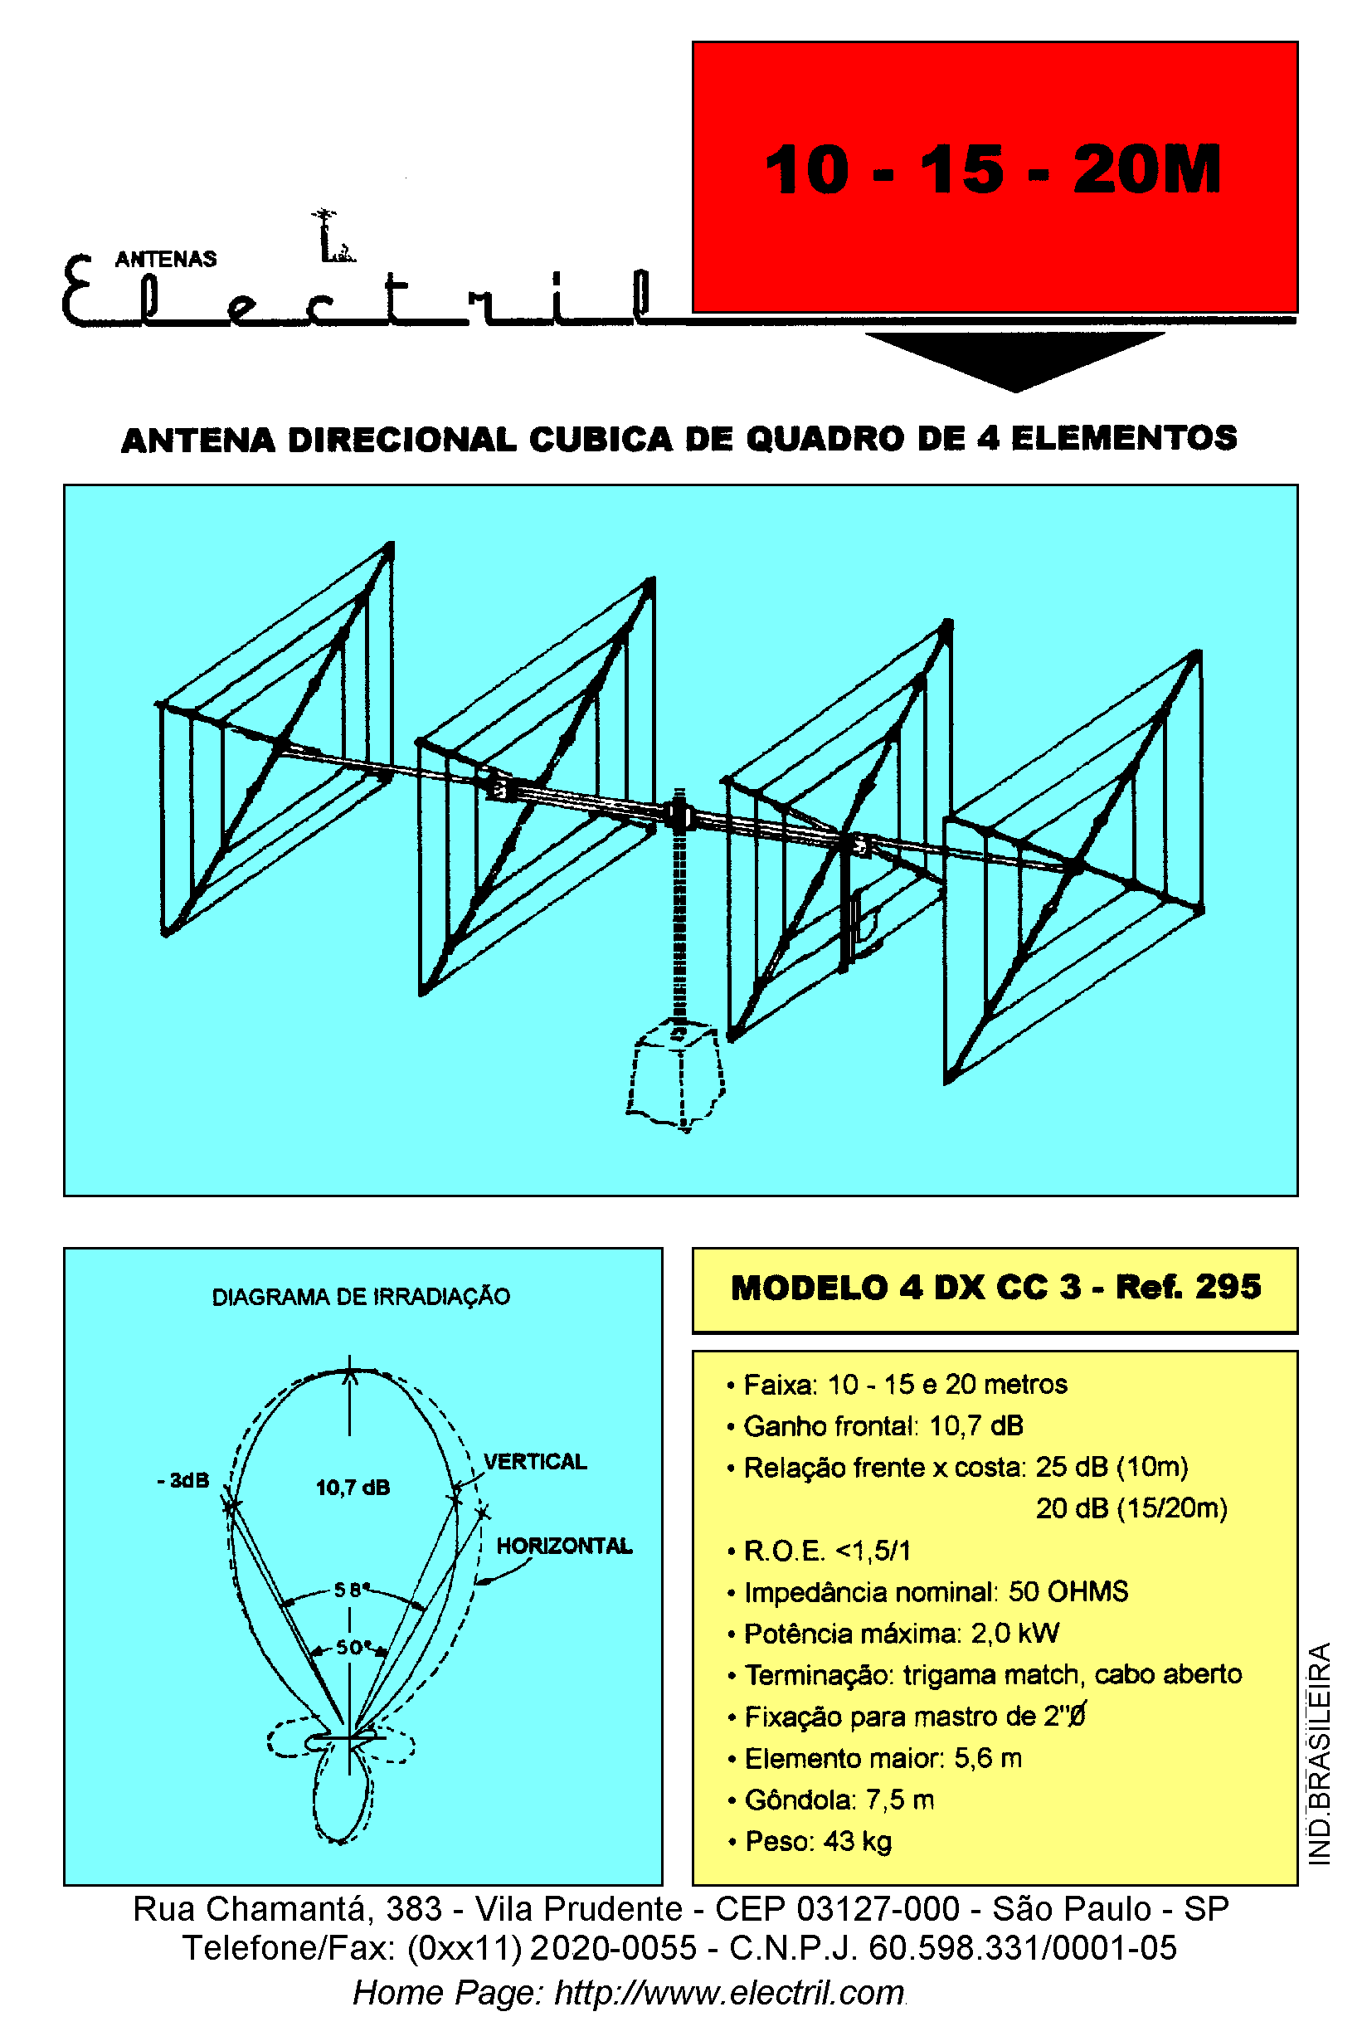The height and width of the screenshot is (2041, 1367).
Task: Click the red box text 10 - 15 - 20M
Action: (x=992, y=169)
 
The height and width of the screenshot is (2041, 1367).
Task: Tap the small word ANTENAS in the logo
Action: (x=166, y=259)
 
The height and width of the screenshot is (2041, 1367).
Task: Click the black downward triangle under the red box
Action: (x=1014, y=360)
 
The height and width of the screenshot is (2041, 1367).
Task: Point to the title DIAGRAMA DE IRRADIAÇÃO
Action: (x=361, y=1297)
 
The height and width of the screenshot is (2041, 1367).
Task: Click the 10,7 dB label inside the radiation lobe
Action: (x=353, y=1488)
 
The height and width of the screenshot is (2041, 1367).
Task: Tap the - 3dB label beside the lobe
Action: (x=183, y=1479)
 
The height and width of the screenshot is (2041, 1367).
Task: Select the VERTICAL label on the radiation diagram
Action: (x=535, y=1461)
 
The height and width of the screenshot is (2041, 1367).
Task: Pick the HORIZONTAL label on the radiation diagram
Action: (x=564, y=1546)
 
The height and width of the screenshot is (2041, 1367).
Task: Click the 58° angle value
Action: (x=353, y=1590)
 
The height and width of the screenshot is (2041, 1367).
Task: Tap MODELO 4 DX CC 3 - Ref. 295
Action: (x=995, y=1287)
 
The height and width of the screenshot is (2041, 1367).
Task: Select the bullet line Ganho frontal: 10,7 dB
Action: (x=875, y=1425)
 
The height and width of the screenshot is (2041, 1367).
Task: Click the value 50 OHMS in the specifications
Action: (x=1068, y=1591)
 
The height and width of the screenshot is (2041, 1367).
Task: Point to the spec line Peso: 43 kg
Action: (x=810, y=1840)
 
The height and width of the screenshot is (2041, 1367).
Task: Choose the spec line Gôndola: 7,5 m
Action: (x=831, y=1799)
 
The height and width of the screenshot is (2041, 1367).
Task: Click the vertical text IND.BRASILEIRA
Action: (x=1320, y=1753)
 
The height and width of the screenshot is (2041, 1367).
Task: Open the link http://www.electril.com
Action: (x=730, y=1992)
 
